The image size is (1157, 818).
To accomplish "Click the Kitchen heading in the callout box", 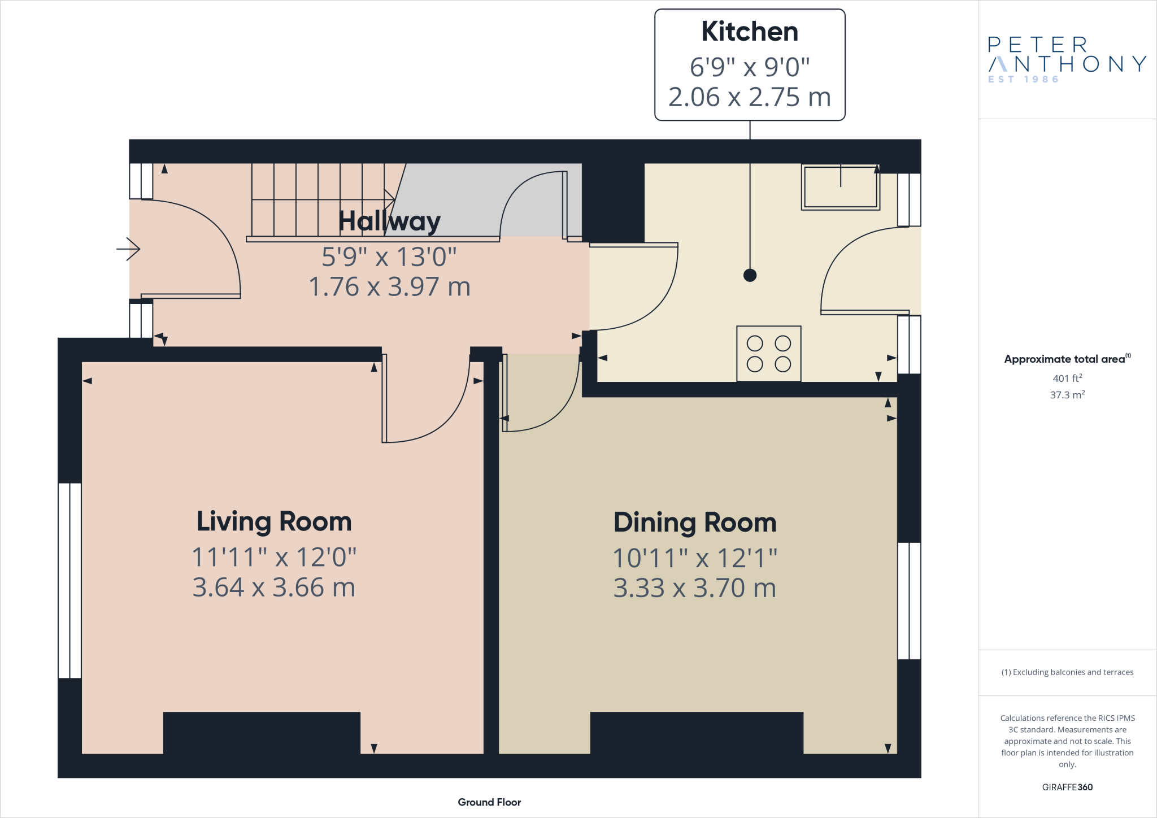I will pos(749,32).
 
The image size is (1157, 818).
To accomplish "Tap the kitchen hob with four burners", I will pos(768,354).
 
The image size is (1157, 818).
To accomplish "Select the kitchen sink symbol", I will pos(840,187).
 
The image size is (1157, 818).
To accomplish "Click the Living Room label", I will pos(274,521).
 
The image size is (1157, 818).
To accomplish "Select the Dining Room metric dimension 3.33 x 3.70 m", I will pos(694,588).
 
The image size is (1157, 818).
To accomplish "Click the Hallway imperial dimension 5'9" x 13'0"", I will pos(389,257).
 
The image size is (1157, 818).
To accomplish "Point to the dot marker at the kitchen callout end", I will pos(750,275).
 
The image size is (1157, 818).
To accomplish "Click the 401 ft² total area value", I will pos(1067,378).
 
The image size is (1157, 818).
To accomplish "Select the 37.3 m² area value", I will pos(1067,395).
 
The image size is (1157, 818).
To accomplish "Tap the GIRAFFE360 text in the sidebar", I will pos(1067,787).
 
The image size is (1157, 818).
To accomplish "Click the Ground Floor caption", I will pos(489,802).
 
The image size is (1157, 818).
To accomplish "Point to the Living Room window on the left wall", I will pos(70,580).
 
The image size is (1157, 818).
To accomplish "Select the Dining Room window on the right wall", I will pos(909,601).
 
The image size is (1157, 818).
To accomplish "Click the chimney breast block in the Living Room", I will pos(262,733).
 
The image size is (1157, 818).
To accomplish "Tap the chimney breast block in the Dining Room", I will pos(696,733).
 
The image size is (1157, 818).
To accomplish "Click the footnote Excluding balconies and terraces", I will pos(1067,672).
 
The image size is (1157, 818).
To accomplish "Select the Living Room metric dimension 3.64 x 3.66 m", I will pos(274,588).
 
